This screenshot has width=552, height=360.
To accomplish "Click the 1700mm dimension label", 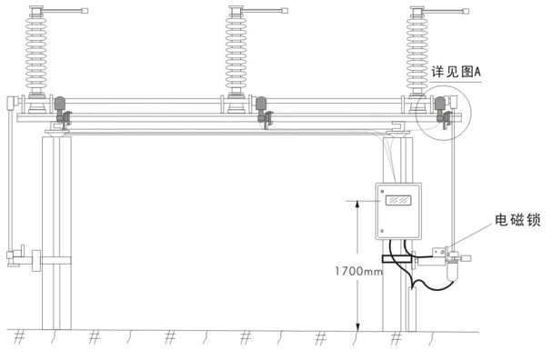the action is tap(358, 271).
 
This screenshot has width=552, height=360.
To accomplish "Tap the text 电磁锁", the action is tap(517, 220).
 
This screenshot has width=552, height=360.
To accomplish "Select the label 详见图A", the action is tap(456, 72).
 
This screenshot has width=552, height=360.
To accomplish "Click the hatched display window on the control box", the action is tap(398, 200).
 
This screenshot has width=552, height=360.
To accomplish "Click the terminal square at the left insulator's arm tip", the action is tap(85, 11).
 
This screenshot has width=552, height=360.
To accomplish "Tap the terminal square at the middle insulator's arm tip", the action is tap(285, 11).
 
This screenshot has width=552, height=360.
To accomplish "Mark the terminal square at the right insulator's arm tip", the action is tap(467, 11).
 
